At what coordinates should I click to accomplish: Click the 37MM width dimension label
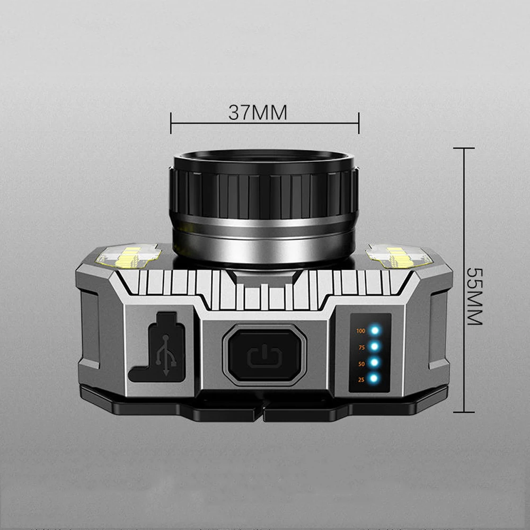(258, 112)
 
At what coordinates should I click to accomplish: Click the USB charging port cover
(158, 347)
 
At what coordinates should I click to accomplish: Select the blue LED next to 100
(375, 331)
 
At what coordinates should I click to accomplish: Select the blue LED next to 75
(375, 347)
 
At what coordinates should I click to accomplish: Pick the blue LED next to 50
(375, 363)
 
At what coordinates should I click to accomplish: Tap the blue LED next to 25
(375, 378)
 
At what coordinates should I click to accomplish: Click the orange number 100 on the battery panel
(361, 331)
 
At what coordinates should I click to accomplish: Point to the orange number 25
(361, 379)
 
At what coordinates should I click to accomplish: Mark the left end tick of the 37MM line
(171, 123)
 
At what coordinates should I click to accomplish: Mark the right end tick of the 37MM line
(359, 123)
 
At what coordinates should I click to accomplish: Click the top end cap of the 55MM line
(464, 148)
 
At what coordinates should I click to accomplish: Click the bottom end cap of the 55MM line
(464, 412)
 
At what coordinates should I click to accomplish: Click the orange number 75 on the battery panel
(361, 347)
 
